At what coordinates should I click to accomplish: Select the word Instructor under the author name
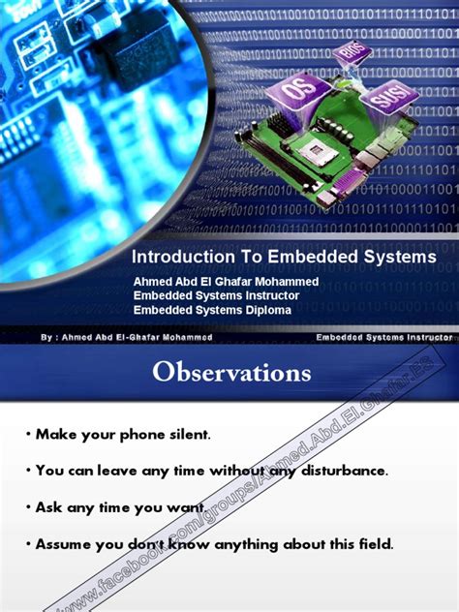click(x=267, y=295)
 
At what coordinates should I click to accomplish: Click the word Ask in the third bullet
click(x=49, y=506)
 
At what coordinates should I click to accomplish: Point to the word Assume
click(x=64, y=543)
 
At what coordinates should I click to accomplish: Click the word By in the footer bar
click(x=47, y=337)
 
